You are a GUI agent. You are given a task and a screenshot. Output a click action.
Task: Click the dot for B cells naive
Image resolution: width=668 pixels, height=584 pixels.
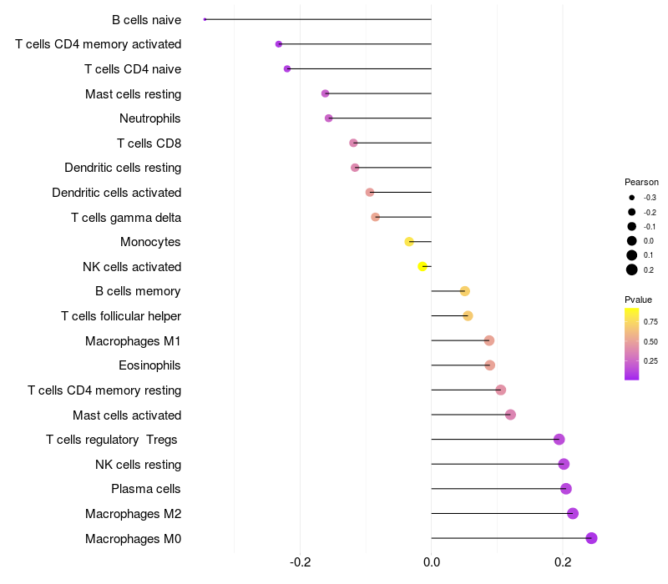205,19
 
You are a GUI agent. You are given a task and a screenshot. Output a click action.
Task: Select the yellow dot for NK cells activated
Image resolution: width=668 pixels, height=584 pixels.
423,266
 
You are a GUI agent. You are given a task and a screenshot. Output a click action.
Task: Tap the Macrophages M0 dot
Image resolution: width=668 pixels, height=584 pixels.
591,538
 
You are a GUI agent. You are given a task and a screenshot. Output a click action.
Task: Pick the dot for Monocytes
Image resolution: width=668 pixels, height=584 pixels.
409,242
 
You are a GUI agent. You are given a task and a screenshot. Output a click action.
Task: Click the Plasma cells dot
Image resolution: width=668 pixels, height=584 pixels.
566,489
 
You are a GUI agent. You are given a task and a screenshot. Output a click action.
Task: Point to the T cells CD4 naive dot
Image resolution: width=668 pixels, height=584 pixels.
287,69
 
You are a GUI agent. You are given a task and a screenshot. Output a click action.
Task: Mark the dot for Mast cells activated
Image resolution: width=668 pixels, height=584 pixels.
510,415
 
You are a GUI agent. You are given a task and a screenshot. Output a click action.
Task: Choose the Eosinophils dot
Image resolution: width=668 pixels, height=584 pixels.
490,365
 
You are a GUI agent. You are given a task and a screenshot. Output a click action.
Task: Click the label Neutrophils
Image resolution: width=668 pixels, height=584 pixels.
150,118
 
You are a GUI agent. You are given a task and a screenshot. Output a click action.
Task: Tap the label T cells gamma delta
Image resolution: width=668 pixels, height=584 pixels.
126,218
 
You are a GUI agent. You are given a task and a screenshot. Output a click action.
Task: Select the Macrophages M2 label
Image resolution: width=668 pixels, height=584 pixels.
134,514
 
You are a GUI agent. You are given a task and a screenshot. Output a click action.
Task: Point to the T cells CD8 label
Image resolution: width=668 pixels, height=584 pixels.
149,143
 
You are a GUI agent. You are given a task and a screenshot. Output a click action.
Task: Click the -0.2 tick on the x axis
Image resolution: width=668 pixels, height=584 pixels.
300,562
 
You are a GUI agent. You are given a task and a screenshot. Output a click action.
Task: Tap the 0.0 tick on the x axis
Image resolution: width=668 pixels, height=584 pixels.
432,562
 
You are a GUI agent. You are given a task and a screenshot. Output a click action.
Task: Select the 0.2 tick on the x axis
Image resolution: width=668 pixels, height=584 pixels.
563,562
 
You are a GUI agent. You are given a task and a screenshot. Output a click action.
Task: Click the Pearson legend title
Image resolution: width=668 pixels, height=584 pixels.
641,182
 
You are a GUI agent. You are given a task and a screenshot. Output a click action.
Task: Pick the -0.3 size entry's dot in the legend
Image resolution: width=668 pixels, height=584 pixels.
632,198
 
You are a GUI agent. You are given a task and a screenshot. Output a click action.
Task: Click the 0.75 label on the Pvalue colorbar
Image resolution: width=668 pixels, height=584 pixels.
650,321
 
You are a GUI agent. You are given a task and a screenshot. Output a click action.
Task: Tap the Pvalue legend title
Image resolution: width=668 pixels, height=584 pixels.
638,300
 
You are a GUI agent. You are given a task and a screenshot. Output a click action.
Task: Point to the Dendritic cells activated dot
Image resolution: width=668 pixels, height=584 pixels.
370,193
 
